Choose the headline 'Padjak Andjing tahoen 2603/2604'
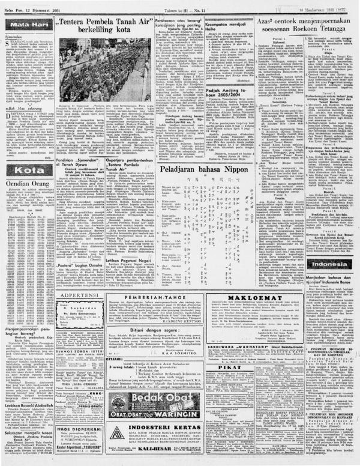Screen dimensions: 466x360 point(204,91)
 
